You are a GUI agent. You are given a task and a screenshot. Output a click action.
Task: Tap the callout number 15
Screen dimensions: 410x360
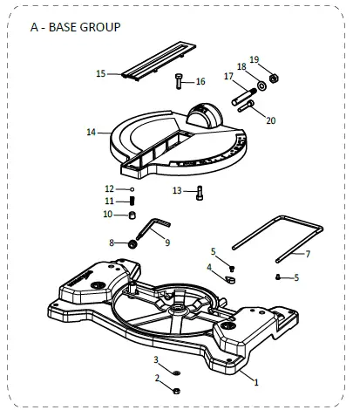pyautogui.click(x=100, y=74)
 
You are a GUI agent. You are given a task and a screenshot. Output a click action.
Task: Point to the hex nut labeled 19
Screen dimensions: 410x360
pyautogui.click(x=272, y=78)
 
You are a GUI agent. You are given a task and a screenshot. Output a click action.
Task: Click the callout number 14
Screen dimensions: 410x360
pyautogui.click(x=91, y=133)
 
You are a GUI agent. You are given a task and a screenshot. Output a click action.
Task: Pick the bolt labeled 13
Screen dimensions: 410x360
pyautogui.click(x=200, y=193)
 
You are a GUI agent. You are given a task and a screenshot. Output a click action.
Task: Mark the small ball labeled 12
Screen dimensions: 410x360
pyautogui.click(x=132, y=188)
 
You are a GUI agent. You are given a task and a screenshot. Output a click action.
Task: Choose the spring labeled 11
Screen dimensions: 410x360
pyautogui.click(x=132, y=202)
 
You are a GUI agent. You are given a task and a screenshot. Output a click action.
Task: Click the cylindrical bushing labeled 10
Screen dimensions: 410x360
pyautogui.click(x=132, y=215)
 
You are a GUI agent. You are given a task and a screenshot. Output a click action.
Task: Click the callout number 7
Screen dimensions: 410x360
pyautogui.click(x=307, y=254)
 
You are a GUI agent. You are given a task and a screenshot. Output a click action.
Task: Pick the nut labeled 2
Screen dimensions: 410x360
pyautogui.click(x=175, y=391)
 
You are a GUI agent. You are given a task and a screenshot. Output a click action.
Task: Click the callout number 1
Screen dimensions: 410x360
pyautogui.click(x=255, y=381)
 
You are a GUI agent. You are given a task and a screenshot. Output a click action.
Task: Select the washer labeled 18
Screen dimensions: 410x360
pyautogui.click(x=261, y=85)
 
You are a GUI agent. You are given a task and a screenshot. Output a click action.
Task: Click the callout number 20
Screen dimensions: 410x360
pyautogui.click(x=269, y=120)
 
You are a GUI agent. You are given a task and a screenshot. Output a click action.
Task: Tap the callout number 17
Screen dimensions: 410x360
pyautogui.click(x=228, y=76)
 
